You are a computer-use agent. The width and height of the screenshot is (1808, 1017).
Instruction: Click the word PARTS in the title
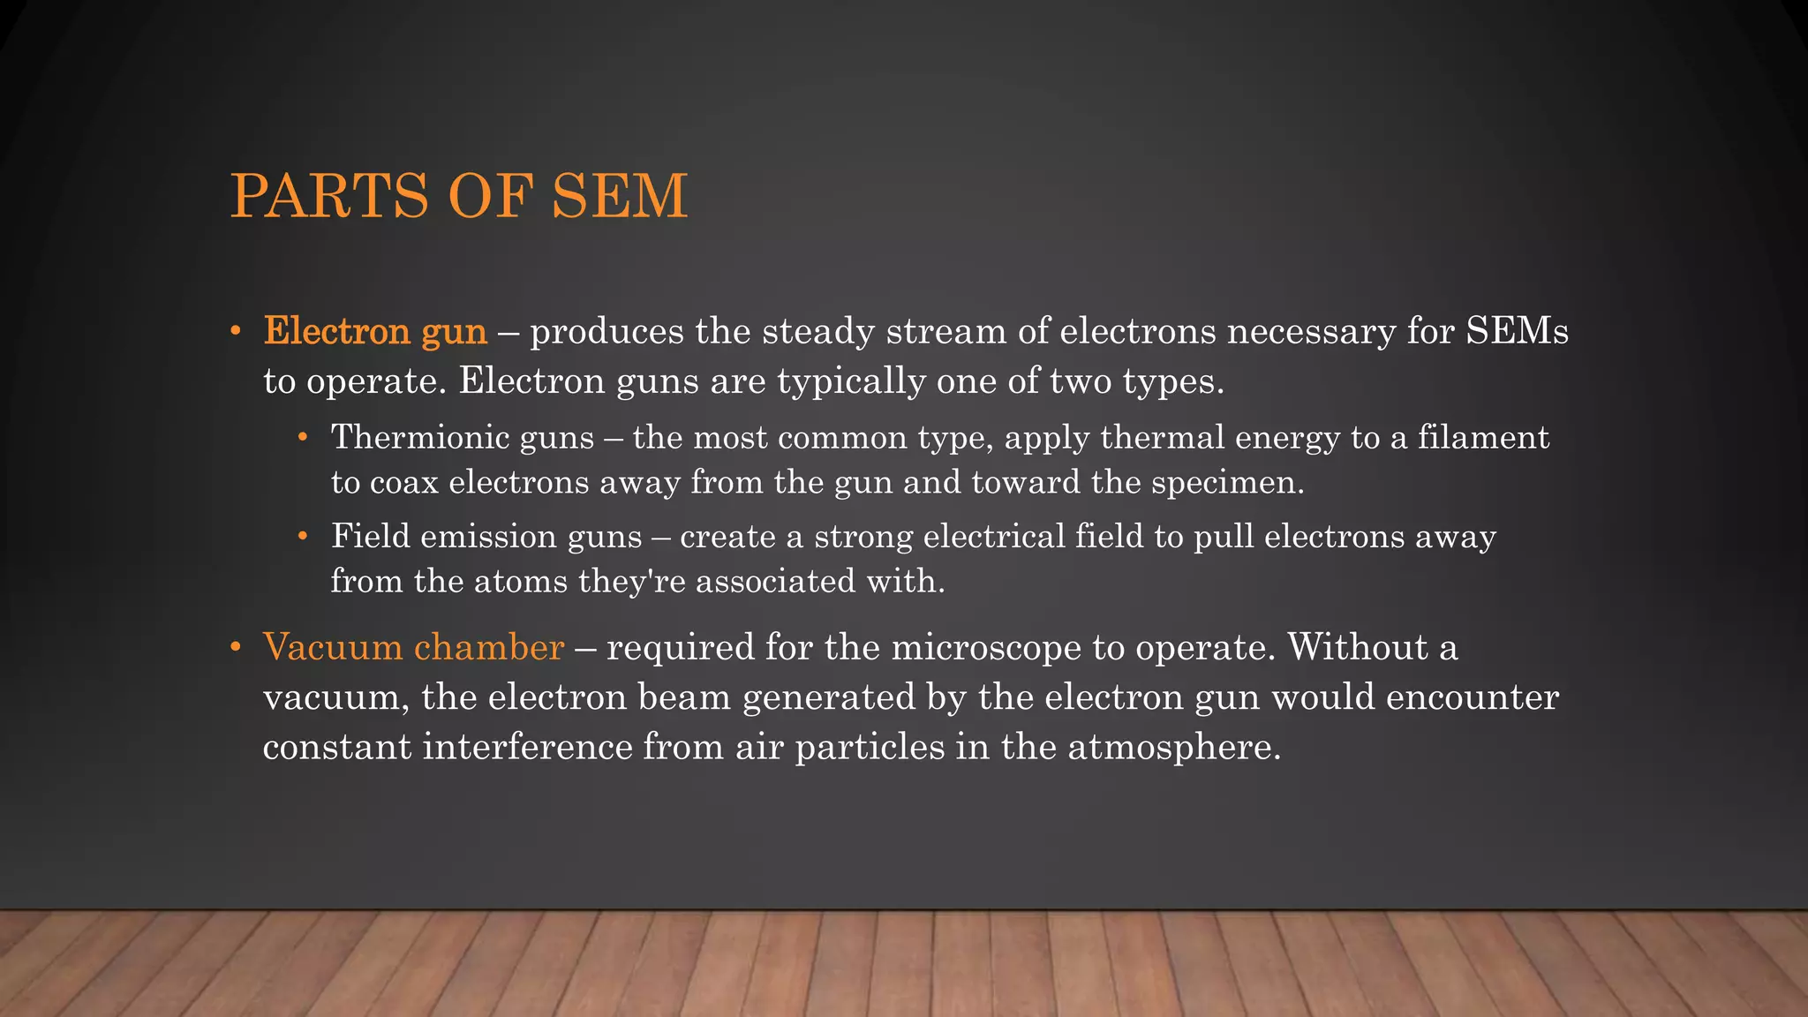click(330, 196)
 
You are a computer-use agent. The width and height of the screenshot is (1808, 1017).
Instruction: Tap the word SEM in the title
click(619, 196)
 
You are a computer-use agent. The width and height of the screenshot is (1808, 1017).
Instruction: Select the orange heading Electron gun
click(375, 332)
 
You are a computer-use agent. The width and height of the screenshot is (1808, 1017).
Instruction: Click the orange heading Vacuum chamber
click(413, 647)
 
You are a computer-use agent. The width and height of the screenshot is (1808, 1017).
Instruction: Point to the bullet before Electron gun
click(235, 332)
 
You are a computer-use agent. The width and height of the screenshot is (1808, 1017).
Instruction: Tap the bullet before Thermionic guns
click(303, 437)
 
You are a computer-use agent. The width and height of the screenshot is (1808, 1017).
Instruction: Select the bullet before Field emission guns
click(303, 536)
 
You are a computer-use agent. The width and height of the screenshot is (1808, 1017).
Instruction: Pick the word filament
click(1483, 438)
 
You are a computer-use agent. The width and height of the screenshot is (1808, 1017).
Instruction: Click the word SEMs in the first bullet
click(1517, 332)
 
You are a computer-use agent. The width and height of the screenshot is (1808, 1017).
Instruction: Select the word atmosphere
click(1173, 748)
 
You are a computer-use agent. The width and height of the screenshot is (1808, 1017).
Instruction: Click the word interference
click(527, 747)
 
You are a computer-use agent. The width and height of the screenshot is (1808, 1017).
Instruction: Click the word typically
click(851, 382)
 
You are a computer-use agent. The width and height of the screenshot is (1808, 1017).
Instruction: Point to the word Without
click(1358, 647)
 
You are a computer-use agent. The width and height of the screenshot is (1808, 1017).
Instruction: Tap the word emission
click(488, 537)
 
